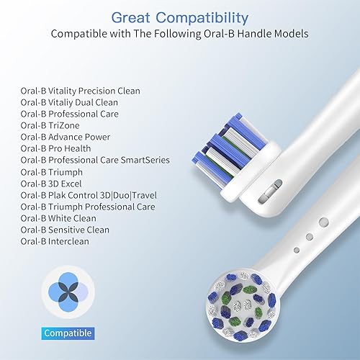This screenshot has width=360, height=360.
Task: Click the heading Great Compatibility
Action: [180, 16]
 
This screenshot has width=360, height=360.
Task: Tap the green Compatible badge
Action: [67, 333]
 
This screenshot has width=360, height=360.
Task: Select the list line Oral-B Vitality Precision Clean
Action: [80, 91]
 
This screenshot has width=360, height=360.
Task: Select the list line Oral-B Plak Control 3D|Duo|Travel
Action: [88, 195]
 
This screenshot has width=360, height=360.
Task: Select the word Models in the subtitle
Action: [291, 34]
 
